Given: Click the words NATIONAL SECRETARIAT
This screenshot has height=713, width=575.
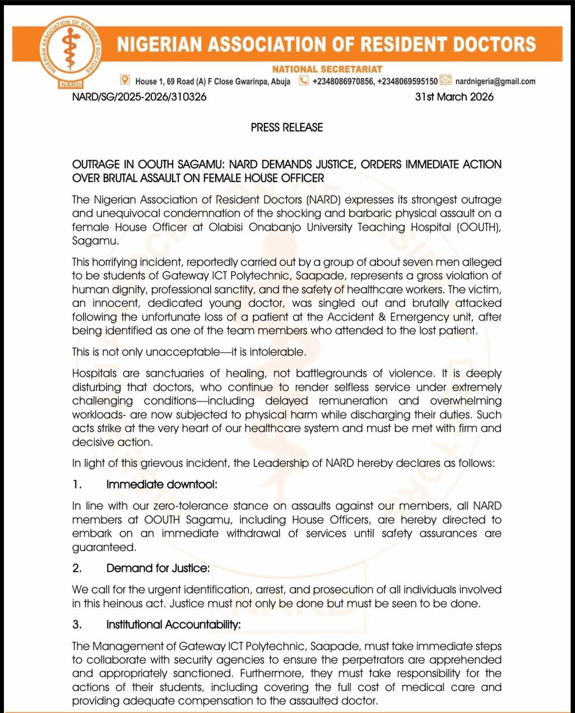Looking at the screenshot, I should coord(327,69).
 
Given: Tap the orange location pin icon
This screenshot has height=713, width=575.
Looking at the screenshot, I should coord(125,80).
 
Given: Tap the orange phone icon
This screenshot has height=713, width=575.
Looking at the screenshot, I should coord(304,81).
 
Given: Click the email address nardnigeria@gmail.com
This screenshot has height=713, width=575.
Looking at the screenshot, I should coord(495,81).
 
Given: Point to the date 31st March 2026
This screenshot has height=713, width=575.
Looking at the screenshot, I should coord(454,97).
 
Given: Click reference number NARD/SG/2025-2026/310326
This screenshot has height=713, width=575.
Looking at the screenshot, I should coord(139,97).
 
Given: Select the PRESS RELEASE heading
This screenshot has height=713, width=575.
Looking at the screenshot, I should coord(287,127).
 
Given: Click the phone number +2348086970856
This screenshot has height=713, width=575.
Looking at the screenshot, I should coord(343,81).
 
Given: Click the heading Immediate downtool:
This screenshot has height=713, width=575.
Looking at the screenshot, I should coord(162,484).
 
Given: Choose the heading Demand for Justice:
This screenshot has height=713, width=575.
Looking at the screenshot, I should coord(158,568).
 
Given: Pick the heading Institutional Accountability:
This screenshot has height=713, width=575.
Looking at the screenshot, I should coord(173,624).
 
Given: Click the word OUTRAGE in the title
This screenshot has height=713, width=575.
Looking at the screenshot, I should coord(96,164).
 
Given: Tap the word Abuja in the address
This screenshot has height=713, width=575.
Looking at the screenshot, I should coord(281,81).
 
